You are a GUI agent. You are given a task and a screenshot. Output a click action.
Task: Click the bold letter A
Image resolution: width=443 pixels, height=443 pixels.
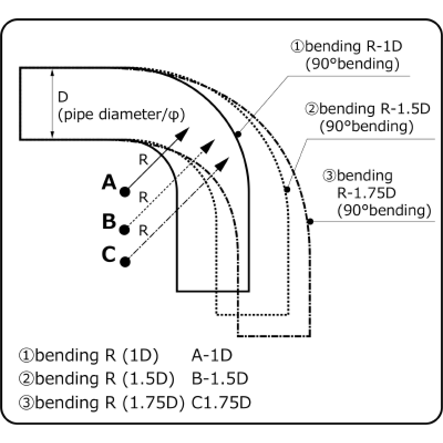(109, 182)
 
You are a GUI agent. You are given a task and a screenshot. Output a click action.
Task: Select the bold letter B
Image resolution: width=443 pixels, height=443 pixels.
(109, 221)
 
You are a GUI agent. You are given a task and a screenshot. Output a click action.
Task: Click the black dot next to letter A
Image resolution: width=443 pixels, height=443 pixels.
(125, 192)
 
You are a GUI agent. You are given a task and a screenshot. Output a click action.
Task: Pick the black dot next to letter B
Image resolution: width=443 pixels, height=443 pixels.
(125, 228)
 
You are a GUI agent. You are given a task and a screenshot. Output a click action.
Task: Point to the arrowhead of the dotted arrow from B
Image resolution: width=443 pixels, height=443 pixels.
(208, 146)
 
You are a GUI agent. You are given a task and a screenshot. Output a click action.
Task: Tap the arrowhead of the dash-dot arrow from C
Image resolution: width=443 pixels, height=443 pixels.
(224, 162)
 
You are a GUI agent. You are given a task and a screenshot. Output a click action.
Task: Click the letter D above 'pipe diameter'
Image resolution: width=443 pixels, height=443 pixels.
(63, 97)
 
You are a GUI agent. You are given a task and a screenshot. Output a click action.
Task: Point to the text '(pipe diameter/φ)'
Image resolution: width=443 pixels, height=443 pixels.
(121, 115)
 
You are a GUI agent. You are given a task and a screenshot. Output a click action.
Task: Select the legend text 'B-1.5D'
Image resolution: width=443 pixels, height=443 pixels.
(220, 379)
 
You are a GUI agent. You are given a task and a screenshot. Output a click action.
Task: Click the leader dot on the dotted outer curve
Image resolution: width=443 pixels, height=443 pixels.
(287, 189)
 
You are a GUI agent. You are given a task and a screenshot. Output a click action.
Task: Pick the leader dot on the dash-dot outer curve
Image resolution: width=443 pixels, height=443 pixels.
(310, 221)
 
